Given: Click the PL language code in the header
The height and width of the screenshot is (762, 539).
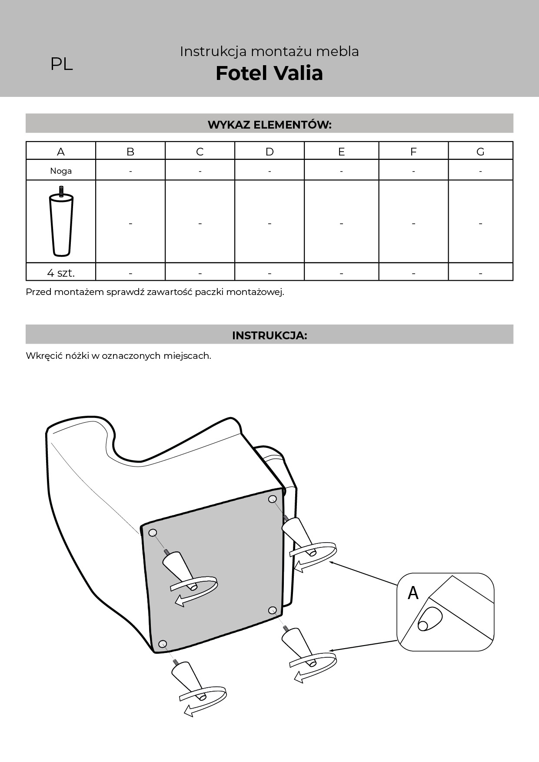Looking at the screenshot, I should [61, 64].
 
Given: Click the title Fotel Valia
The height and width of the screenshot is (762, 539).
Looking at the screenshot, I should [269, 73].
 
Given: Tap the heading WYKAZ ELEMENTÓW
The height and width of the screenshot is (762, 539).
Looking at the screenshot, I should [269, 125].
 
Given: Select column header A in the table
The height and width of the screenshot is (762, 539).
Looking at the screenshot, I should [61, 152].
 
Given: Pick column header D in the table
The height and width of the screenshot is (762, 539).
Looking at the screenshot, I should [269, 152].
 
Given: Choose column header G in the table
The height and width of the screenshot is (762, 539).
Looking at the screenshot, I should [480, 152].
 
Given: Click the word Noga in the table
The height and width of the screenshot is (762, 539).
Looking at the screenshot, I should [61, 171].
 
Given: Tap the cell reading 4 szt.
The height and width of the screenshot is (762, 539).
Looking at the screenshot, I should [61, 273].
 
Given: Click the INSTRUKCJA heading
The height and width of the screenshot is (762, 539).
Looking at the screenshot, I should [269, 335].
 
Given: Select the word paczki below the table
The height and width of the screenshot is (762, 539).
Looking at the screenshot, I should [208, 292].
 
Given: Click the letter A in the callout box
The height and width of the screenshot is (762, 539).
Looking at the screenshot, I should [413, 593].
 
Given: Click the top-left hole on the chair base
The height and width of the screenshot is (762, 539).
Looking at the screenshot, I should [153, 533].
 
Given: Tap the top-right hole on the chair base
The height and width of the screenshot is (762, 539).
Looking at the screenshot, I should [273, 499].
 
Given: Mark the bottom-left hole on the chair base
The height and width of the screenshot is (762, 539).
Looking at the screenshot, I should [163, 644].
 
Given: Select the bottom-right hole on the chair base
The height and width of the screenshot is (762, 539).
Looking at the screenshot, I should [273, 610].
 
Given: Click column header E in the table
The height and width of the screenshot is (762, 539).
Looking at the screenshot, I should [341, 152].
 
